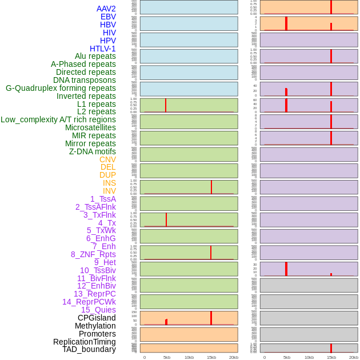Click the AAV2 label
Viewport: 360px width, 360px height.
click(x=106, y=9)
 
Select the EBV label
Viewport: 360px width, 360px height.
click(x=108, y=17)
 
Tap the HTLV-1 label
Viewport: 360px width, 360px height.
click(x=103, y=49)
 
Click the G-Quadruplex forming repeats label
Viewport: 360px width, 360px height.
click(x=61, y=88)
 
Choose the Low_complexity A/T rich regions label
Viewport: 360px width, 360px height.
click(x=58, y=119)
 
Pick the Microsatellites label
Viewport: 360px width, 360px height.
click(x=90, y=127)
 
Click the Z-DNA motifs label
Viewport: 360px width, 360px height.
click(x=93, y=151)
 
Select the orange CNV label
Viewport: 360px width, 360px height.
click(x=107, y=159)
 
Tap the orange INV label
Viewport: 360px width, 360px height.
click(x=109, y=191)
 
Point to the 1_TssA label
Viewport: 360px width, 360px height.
click(x=103, y=199)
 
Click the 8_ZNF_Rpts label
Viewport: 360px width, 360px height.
click(x=93, y=254)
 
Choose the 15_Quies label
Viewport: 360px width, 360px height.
click(x=98, y=310)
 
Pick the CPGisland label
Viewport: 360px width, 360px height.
click(x=97, y=318)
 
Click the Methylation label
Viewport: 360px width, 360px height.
click(x=95, y=326)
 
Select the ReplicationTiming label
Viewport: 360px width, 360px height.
click(x=85, y=342)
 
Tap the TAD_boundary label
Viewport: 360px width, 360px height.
click(x=89, y=349)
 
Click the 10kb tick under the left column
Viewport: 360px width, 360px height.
click(x=189, y=357)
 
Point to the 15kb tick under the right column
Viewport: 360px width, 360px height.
click(x=331, y=357)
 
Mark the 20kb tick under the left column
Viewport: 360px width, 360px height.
click(x=234, y=357)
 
